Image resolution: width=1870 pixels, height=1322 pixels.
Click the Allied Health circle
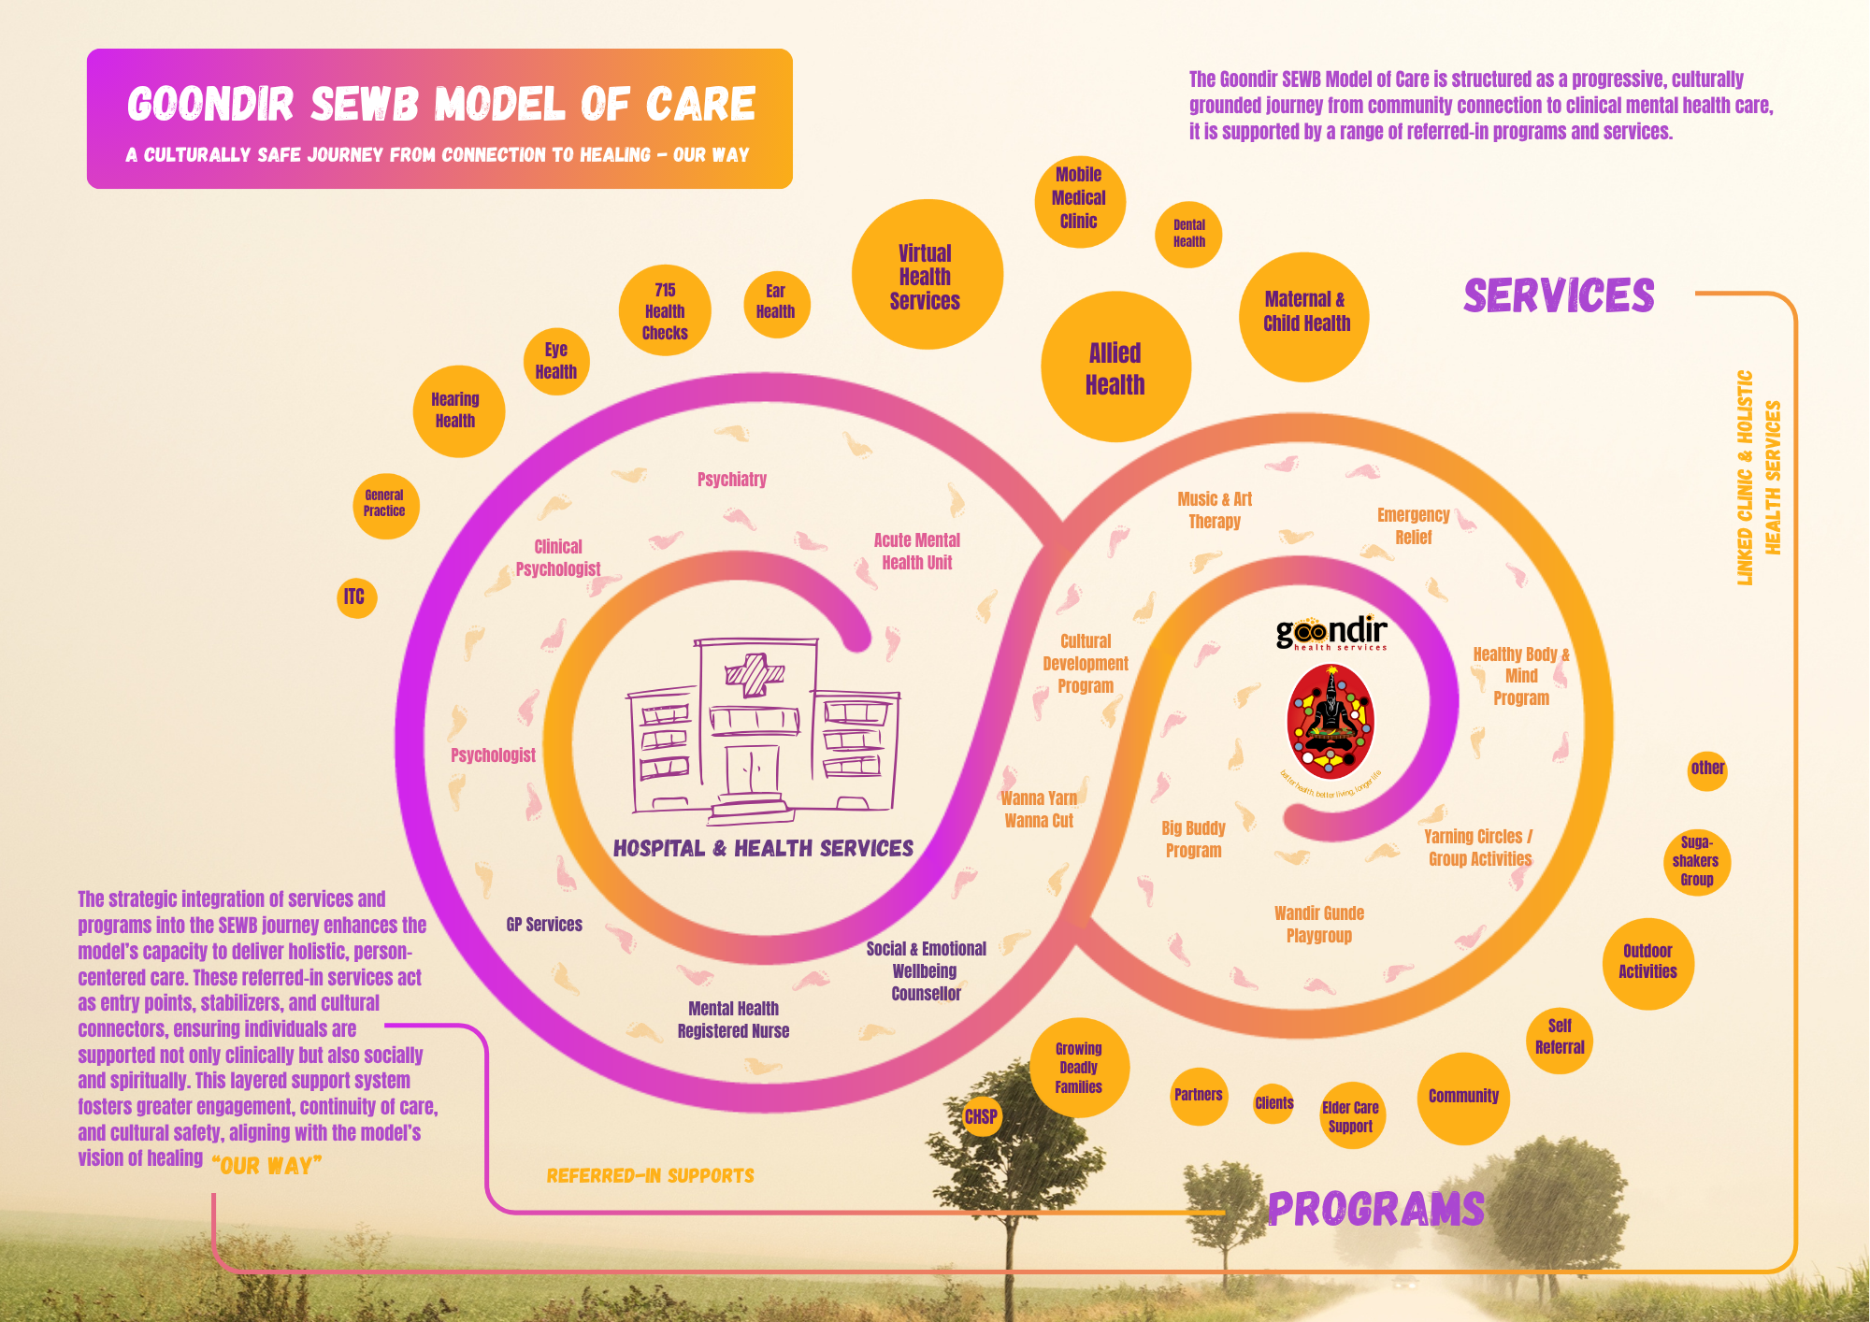1115,367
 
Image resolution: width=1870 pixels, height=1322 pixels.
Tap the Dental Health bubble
1188,234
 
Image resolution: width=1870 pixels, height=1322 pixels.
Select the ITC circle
355,597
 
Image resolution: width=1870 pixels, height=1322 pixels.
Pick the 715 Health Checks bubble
665,311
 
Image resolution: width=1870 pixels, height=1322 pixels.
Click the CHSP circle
981,1116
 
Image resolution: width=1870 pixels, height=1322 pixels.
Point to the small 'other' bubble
1707,769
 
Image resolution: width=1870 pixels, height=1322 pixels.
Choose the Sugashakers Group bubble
1696,861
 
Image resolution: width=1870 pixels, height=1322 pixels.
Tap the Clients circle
1273,1103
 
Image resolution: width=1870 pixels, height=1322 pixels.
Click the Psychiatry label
732,480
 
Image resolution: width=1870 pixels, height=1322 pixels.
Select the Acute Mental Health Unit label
916,552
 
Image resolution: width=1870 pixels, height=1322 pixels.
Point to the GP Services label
544,925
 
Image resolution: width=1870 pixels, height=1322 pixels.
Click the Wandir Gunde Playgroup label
1318,925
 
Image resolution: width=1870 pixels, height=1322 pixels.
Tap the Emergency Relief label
1413,526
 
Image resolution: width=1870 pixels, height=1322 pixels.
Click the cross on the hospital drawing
755,674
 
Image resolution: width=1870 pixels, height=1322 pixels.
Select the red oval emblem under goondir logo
1331,722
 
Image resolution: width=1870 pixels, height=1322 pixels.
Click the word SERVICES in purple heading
1559,295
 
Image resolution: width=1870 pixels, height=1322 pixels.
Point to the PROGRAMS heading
1375,1209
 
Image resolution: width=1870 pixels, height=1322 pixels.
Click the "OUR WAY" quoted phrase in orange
266,1166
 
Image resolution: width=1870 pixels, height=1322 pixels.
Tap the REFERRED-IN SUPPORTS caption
650,1176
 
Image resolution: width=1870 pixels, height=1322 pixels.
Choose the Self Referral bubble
1560,1037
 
